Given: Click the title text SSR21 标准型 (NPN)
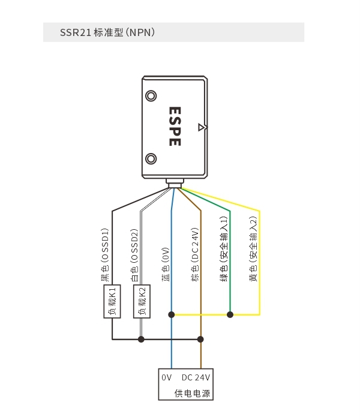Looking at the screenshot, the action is point(107,32).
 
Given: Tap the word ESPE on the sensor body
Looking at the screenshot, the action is point(175,127).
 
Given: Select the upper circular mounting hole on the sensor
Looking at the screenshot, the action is point(151,96).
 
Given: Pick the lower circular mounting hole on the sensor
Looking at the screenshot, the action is point(151,159).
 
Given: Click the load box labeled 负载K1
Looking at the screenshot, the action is point(112,301).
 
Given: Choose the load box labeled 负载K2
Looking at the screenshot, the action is point(142,301).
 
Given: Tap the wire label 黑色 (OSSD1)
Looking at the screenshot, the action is point(105,255).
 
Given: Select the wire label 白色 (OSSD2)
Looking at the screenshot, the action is point(135,255).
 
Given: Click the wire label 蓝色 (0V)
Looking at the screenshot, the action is point(166,265).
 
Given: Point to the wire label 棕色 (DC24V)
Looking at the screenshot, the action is point(195,254).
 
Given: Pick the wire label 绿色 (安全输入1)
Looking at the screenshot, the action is point(224,249).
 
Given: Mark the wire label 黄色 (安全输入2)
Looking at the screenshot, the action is point(253,249).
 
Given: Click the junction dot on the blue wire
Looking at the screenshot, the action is point(172,314).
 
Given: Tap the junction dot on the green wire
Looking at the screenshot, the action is point(230,314).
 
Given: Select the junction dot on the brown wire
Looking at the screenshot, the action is point(200,340).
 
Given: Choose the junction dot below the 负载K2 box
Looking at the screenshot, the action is point(141,340).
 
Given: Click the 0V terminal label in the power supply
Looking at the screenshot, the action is point(166,377).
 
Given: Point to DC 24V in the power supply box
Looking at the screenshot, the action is point(196,377).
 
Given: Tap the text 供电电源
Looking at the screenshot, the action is point(192,393).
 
